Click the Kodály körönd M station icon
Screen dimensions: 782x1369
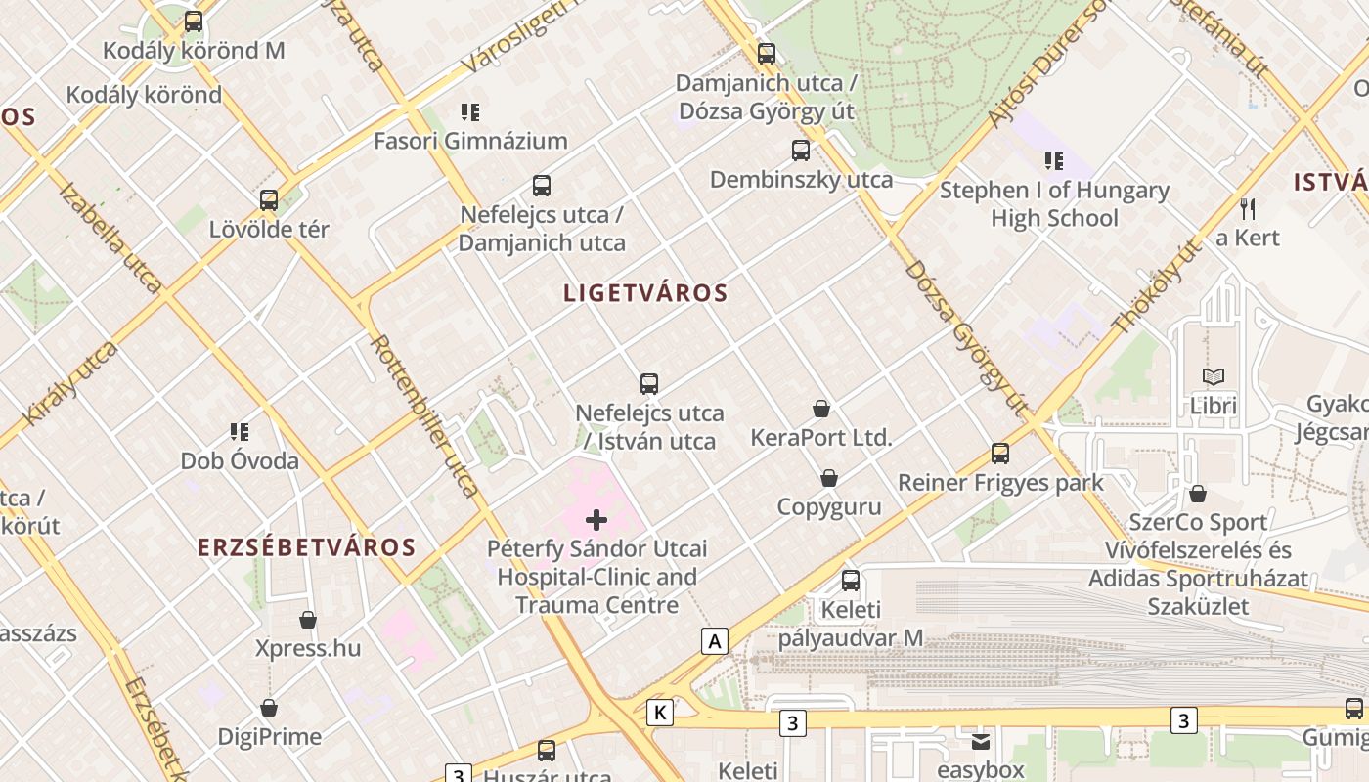tap(194, 22)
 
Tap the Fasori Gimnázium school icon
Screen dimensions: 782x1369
tap(470, 112)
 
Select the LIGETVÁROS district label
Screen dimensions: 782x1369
tap(645, 292)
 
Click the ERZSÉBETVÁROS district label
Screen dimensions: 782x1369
tap(307, 547)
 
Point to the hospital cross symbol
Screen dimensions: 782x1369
tap(596, 520)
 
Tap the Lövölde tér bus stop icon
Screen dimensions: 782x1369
tap(269, 200)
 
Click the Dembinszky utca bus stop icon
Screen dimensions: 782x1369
tap(801, 151)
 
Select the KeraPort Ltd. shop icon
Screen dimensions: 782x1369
tap(821, 409)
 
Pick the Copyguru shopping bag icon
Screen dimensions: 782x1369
tap(829, 478)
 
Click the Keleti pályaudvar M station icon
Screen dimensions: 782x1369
tap(851, 581)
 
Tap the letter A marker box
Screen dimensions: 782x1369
tap(716, 641)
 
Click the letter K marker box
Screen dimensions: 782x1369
tap(660, 713)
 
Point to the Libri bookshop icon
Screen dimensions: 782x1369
tap(1214, 376)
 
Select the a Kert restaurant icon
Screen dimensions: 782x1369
tap(1247, 208)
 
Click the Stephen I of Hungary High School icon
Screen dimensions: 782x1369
tap(1053, 161)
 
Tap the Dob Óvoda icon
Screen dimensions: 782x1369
tap(240, 431)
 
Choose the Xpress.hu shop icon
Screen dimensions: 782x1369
tap(308, 620)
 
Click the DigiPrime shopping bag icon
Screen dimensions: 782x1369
tap(269, 708)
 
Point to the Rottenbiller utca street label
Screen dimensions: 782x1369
tap(425, 415)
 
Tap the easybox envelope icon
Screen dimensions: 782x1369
tap(980, 741)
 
